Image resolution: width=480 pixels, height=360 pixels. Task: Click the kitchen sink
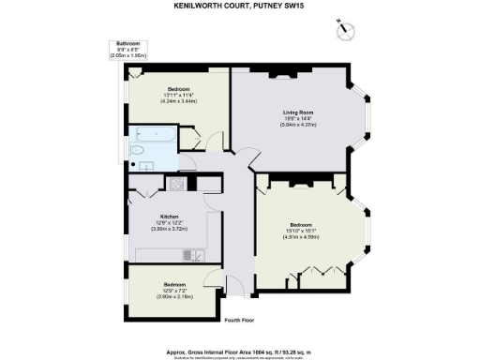click(190, 253)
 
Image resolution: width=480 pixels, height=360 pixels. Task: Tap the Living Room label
click(298, 112)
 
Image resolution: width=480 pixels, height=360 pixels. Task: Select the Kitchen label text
click(170, 215)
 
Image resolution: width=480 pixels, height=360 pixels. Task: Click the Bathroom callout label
click(128, 44)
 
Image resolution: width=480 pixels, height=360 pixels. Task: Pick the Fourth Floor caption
click(240, 320)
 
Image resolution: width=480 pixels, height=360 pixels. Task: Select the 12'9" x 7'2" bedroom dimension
click(174, 289)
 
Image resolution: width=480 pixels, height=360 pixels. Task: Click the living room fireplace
click(286, 72)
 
